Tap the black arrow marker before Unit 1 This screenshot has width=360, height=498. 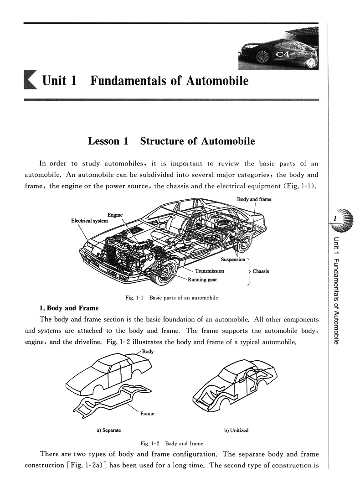pyautogui.click(x=30, y=81)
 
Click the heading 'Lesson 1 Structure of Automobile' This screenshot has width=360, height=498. pyautogui.click(x=171, y=141)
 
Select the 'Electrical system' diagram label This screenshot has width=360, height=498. pyautogui.click(x=89, y=221)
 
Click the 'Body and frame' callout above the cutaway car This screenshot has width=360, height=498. pyautogui.click(x=254, y=199)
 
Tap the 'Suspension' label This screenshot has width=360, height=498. pyautogui.click(x=233, y=260)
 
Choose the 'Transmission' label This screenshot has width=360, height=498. pyautogui.click(x=210, y=271)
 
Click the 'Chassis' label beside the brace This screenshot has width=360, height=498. pyautogui.click(x=261, y=271)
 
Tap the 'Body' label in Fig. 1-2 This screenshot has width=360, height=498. pyautogui.click(x=148, y=352)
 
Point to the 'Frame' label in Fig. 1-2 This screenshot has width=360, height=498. pyautogui.click(x=147, y=414)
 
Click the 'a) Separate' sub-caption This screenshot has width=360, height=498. pyautogui.click(x=108, y=430)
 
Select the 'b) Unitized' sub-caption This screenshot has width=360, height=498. pyautogui.click(x=236, y=430)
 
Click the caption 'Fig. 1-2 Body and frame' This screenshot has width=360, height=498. pyautogui.click(x=172, y=443)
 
